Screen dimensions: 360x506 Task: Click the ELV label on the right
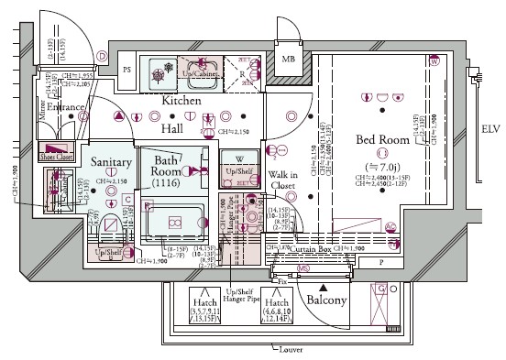click(491, 129)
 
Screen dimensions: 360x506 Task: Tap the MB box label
click(288, 60)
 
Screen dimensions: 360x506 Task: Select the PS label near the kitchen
click(127, 70)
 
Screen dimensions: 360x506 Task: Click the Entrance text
click(66, 108)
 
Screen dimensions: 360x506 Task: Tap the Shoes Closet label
click(57, 157)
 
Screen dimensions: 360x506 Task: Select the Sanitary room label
click(112, 162)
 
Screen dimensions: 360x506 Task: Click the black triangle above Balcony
click(323, 263)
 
